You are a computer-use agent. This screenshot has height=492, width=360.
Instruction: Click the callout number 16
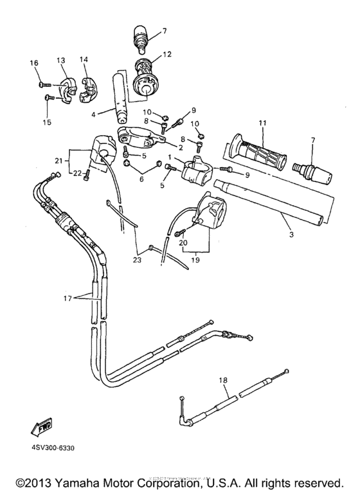click(x=34, y=62)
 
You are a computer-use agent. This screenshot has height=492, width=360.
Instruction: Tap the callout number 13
click(x=61, y=60)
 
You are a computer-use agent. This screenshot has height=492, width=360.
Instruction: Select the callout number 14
click(x=84, y=60)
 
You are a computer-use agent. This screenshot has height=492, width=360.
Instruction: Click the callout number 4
click(x=94, y=114)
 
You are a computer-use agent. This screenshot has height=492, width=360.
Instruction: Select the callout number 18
click(x=224, y=381)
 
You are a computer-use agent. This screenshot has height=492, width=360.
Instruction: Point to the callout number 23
click(x=136, y=260)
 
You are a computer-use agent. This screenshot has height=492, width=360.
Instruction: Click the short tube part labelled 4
click(x=122, y=98)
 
